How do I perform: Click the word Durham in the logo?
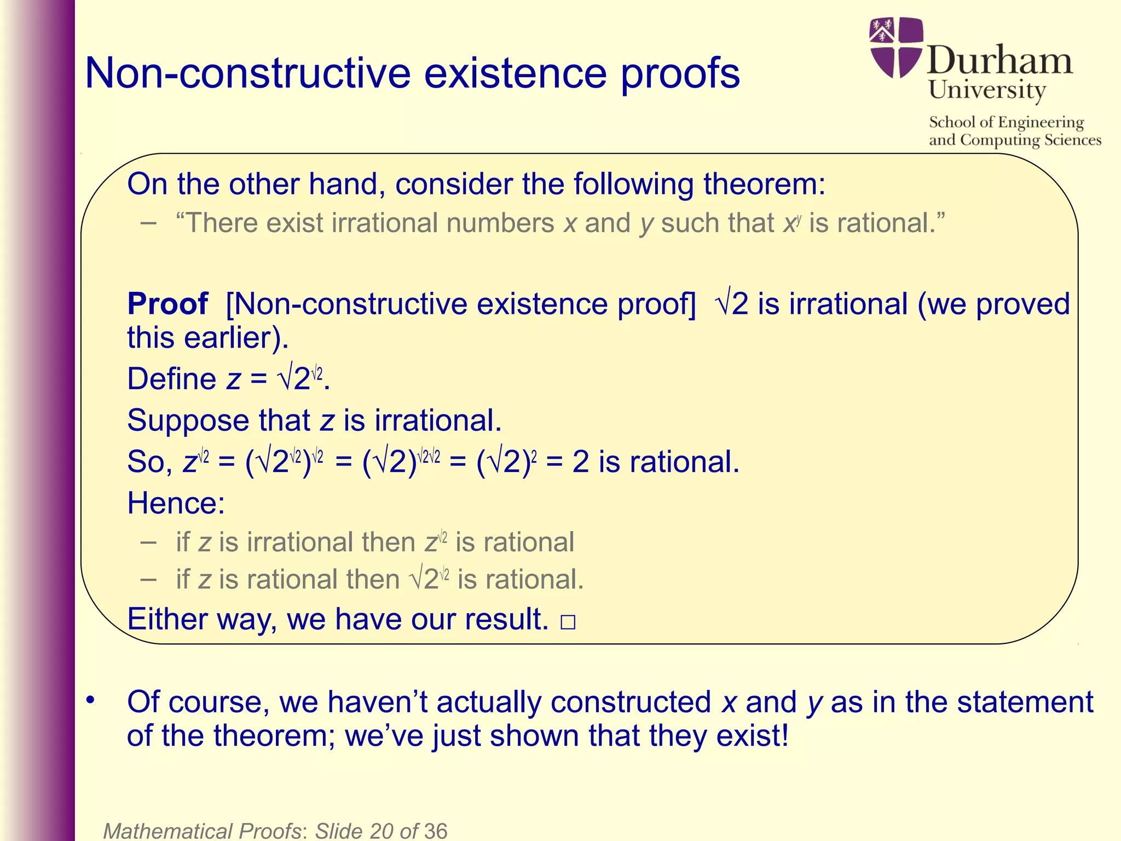pos(999,60)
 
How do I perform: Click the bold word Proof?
pos(167,303)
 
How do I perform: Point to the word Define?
pos(171,379)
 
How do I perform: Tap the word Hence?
pos(176,503)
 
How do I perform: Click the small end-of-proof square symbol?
pos(568,623)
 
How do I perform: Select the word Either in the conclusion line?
pos(167,619)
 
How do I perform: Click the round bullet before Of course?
pos(90,700)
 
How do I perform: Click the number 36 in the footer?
pos(436,831)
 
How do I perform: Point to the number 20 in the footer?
pos(382,831)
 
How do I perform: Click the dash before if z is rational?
pos(148,579)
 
